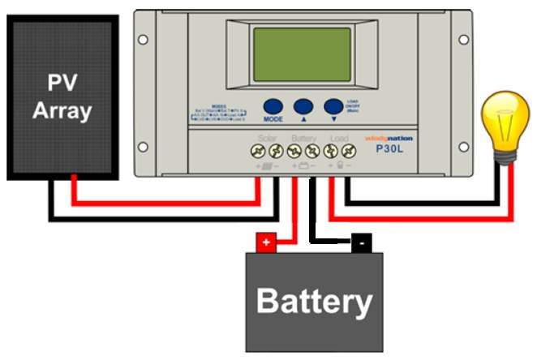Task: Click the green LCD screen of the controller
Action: point(302,54)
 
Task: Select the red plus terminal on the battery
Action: point(266,242)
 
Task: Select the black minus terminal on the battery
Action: point(361,242)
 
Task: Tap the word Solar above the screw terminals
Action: point(267,138)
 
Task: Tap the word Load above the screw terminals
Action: point(339,138)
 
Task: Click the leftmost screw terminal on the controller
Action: point(257,151)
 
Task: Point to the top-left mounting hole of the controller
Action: point(143,38)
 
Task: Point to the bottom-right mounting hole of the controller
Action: point(464,148)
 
